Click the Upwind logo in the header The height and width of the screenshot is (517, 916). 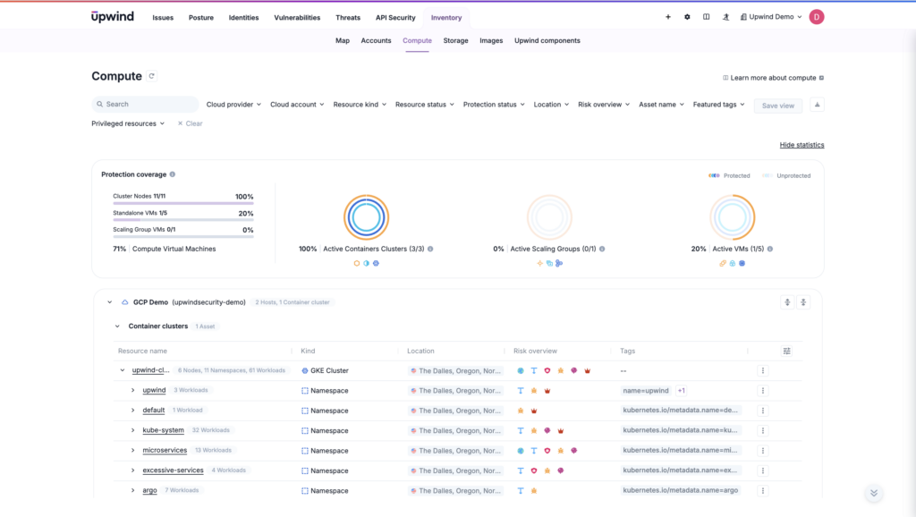(114, 17)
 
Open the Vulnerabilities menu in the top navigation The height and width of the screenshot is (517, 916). (297, 18)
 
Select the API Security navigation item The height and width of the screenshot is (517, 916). (395, 18)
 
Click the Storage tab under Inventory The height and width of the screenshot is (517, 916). (455, 40)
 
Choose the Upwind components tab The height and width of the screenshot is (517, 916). (547, 40)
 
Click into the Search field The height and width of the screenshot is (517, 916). (145, 105)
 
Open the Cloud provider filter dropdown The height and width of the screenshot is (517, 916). (233, 105)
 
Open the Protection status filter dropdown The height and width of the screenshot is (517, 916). (494, 105)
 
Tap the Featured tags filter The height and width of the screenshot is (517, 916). (718, 105)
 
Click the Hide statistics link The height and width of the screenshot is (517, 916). (801, 145)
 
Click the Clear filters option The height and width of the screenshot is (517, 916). (190, 123)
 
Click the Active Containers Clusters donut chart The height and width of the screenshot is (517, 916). (366, 217)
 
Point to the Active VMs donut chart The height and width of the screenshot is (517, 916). (732, 217)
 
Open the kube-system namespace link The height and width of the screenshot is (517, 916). (163, 430)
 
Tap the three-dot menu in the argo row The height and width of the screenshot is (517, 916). (762, 490)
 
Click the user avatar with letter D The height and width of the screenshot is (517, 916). (816, 17)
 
